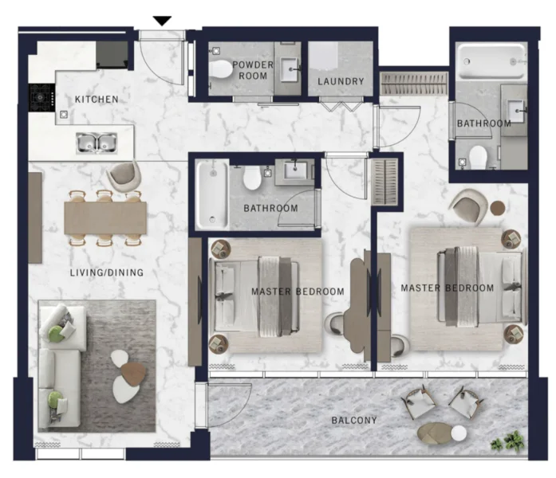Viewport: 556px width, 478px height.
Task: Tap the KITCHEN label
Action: pyautogui.click(x=97, y=100)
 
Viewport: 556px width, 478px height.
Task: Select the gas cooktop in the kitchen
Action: pyautogui.click(x=41, y=99)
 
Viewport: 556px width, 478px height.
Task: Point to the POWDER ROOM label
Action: pyautogui.click(x=252, y=70)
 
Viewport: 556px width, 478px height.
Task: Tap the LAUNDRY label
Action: pyautogui.click(x=341, y=81)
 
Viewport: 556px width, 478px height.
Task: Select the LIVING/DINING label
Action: pyautogui.click(x=106, y=273)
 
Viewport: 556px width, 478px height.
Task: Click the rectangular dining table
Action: pyautogui.click(x=105, y=217)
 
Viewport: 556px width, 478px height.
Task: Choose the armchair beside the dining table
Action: pyautogui.click(x=122, y=176)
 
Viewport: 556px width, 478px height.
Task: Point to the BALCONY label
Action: pyautogui.click(x=355, y=420)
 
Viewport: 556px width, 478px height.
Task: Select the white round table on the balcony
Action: pyautogui.click(x=459, y=433)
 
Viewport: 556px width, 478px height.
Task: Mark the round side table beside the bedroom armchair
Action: pyautogui.click(x=498, y=208)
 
